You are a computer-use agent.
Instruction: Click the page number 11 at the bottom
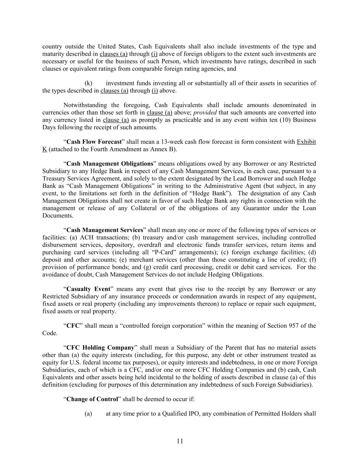click(x=180, y=441)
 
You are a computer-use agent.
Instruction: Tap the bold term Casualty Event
click(x=88, y=289)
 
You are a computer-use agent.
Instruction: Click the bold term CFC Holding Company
click(x=100, y=348)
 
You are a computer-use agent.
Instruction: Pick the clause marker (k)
click(x=88, y=83)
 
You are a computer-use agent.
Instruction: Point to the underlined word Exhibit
click(x=306, y=142)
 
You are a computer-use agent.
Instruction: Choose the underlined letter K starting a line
click(x=44, y=149)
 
